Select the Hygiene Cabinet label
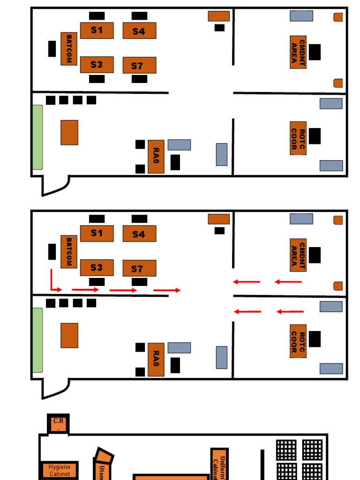(x=60, y=470)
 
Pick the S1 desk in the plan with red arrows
(x=97, y=233)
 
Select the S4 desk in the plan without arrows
(x=139, y=31)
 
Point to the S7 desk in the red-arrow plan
(x=139, y=269)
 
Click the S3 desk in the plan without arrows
(x=97, y=65)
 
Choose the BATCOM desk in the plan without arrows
(x=69, y=49)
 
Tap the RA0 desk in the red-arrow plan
(x=156, y=360)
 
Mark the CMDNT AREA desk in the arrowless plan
(x=298, y=52)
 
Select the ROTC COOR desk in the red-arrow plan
(x=298, y=341)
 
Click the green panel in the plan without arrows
(x=37, y=137)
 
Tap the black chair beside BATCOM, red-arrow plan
(x=52, y=252)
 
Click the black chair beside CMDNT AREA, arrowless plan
(x=315, y=52)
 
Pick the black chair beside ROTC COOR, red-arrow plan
(x=315, y=339)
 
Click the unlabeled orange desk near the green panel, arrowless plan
(x=69, y=133)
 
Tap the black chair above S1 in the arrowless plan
(x=97, y=16)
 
